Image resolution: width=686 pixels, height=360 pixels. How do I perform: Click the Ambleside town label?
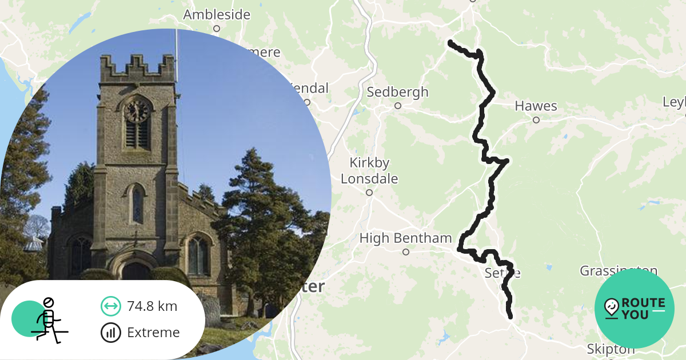click(x=216, y=14)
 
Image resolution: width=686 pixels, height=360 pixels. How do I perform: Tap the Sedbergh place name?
click(x=397, y=92)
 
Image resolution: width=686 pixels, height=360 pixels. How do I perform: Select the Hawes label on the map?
click(x=536, y=106)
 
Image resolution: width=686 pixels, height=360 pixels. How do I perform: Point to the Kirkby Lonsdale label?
click(x=369, y=170)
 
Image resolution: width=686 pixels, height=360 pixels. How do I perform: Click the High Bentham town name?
click(x=405, y=238)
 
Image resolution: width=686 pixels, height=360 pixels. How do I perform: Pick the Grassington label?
click(x=619, y=270)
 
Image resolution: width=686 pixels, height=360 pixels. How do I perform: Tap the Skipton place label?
click(x=611, y=349)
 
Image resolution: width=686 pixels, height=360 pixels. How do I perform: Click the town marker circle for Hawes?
click(x=536, y=120)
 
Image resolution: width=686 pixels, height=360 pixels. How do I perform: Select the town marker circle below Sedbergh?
click(x=398, y=106)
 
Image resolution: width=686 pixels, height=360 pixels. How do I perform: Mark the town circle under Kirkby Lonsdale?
click(x=369, y=193)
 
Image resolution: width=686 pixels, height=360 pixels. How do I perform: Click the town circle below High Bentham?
click(x=406, y=252)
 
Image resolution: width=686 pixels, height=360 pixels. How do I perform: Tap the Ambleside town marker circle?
click(x=217, y=29)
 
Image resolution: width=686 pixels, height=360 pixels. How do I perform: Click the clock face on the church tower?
click(x=137, y=111)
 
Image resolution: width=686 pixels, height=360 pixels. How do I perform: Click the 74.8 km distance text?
click(x=152, y=306)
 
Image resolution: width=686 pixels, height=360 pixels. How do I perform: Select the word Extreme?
click(x=153, y=333)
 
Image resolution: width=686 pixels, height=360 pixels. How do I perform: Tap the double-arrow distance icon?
click(x=110, y=306)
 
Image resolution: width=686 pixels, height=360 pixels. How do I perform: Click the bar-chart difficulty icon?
click(x=110, y=333)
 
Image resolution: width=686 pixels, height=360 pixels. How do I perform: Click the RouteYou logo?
click(x=635, y=309)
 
